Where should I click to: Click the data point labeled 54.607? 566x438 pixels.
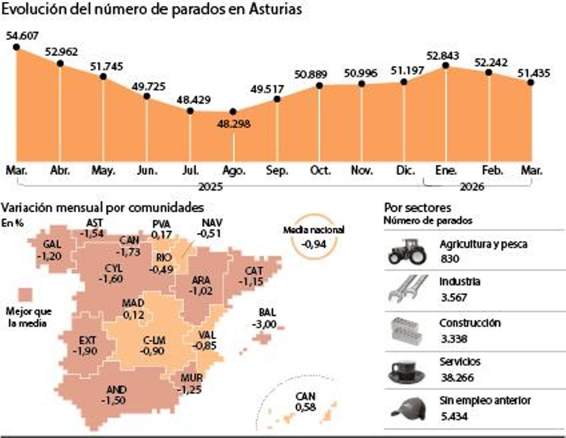tap(16, 47)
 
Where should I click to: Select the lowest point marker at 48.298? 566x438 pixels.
tap(233, 111)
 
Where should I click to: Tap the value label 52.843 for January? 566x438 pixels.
tap(443, 56)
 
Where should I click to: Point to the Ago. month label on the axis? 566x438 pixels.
tap(233, 171)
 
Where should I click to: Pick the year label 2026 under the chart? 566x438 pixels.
tap(471, 187)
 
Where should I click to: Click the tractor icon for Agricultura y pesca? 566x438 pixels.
tap(407, 251)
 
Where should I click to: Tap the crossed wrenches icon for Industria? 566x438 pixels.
tap(408, 288)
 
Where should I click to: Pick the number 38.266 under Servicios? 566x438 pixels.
tap(456, 378)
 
